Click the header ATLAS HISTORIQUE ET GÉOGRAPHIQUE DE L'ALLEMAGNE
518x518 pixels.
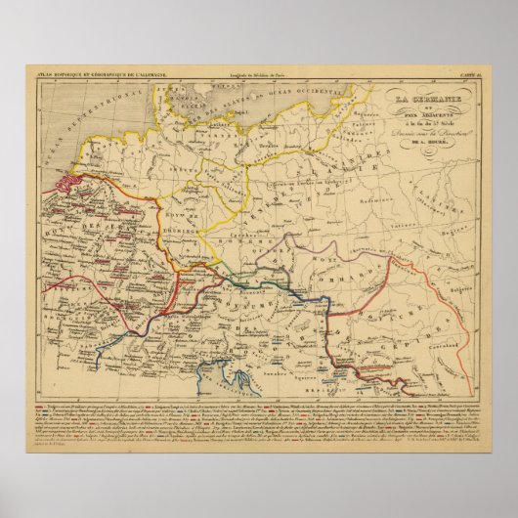81,74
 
